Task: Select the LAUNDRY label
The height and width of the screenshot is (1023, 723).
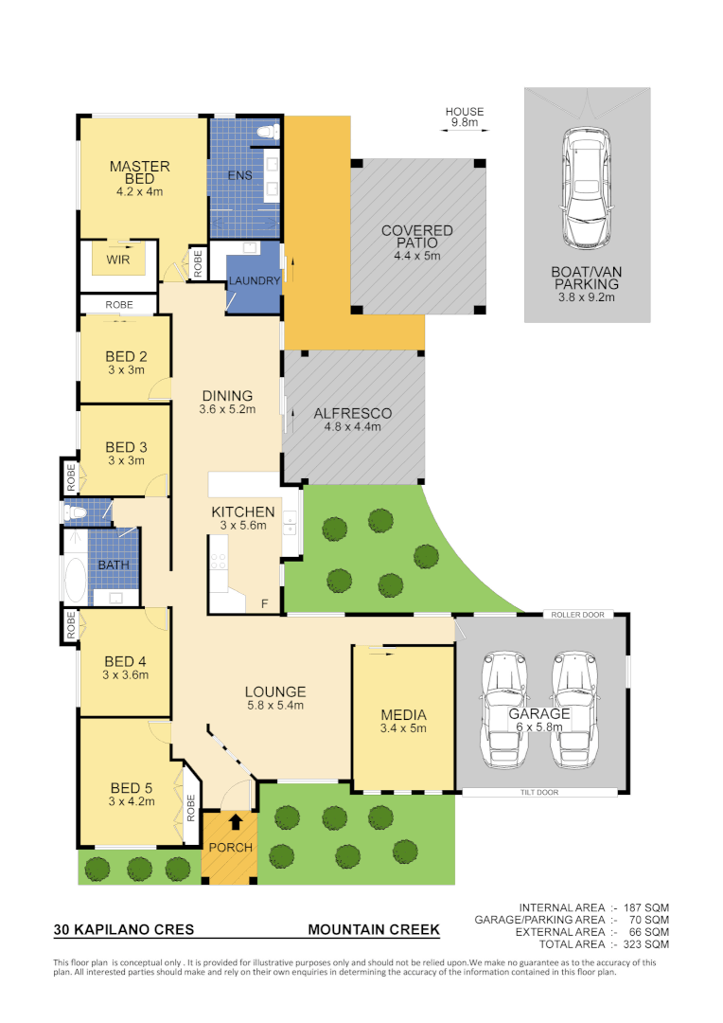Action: [254, 281]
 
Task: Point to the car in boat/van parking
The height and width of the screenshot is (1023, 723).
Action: [587, 185]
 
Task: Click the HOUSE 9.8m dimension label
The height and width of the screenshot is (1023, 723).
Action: [465, 117]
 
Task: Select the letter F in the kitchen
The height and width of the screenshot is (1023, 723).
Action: [264, 603]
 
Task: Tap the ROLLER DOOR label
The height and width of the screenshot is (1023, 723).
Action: [576, 615]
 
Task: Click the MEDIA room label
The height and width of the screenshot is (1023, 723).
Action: [403, 714]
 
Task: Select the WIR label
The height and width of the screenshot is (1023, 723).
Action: [118, 258]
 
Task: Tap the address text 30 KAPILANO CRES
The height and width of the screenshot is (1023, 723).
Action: [124, 930]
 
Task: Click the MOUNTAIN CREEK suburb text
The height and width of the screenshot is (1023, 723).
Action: [374, 930]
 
